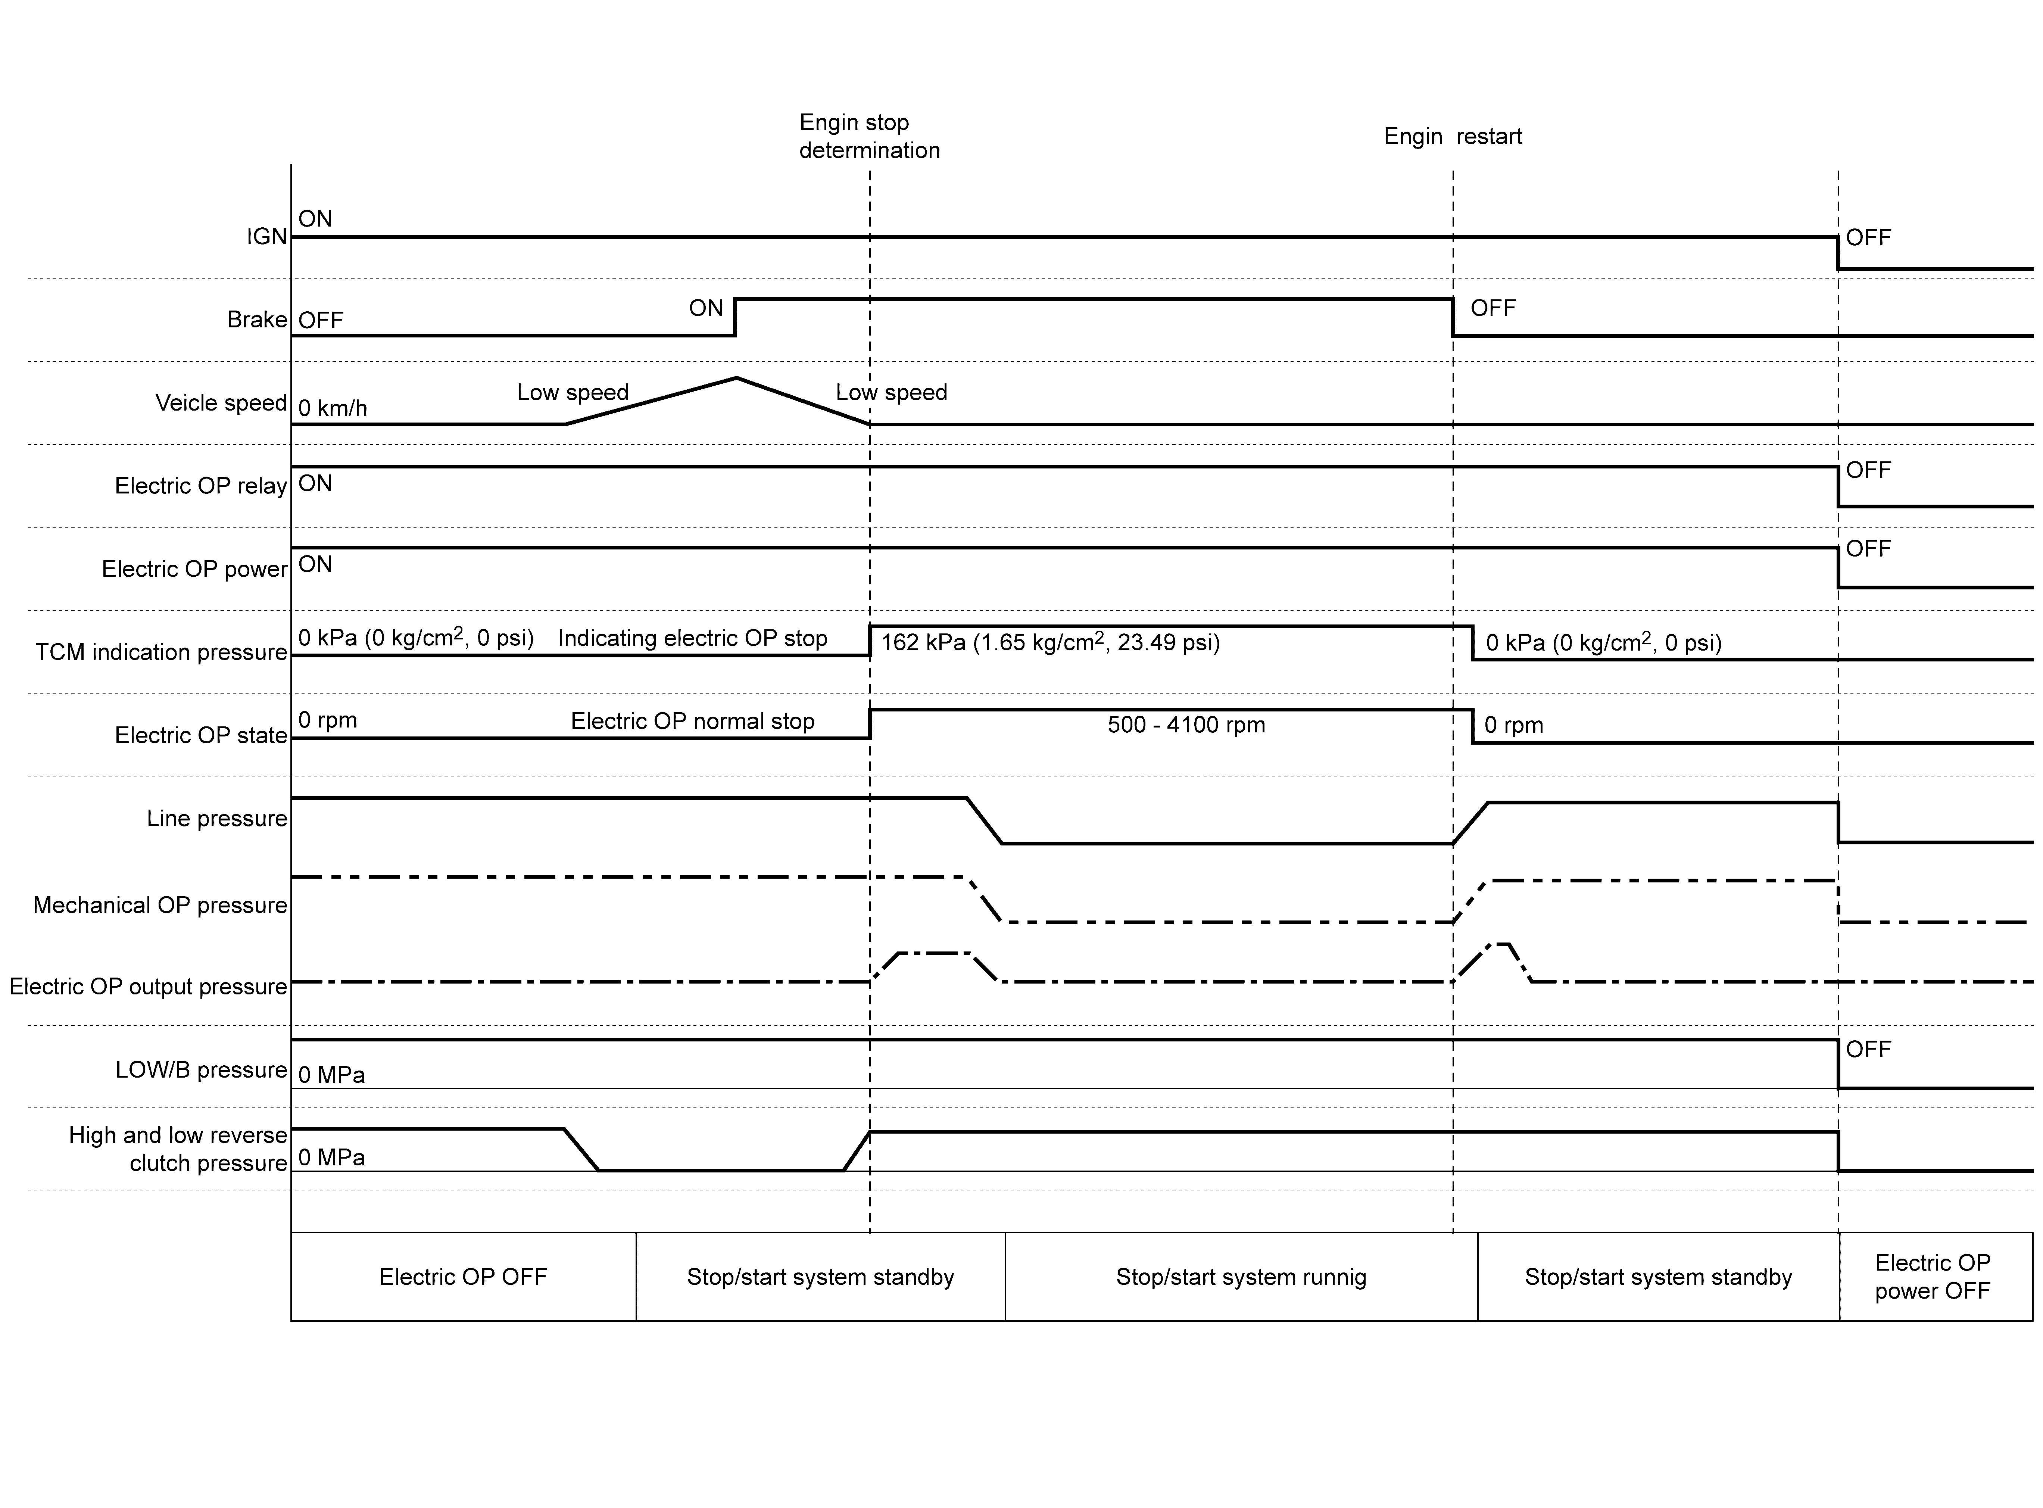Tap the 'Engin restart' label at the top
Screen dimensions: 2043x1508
click(x=1453, y=136)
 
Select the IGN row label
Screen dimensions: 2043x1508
click(x=266, y=236)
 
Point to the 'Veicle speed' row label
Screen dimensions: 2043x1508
click(x=221, y=402)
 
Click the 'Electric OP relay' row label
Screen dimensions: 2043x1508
click(x=201, y=486)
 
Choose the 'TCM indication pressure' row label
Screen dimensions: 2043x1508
click(x=162, y=652)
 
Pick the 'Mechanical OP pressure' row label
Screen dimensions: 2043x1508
click(x=160, y=905)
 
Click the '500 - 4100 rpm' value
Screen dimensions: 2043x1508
click(x=1186, y=725)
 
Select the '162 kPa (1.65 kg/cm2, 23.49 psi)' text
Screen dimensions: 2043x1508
click(x=1050, y=642)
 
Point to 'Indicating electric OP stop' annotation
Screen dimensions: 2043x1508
click(x=693, y=638)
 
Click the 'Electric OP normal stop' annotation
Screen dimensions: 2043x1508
click(x=693, y=721)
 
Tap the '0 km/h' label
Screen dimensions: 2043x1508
click(x=333, y=408)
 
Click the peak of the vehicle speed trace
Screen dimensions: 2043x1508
click(x=736, y=378)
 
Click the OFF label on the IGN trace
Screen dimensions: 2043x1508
click(x=1868, y=237)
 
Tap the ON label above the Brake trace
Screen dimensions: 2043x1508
click(x=705, y=309)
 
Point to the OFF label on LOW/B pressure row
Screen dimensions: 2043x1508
click(x=1868, y=1050)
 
